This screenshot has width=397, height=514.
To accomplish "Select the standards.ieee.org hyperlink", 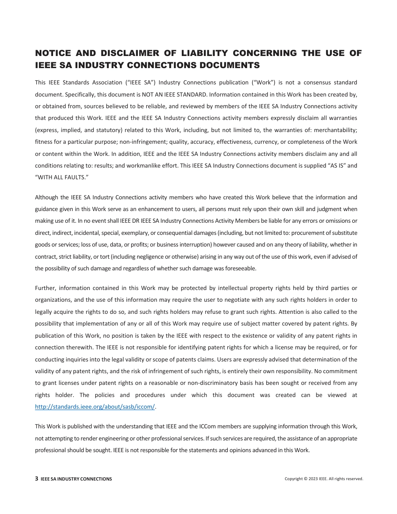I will [x=95, y=407].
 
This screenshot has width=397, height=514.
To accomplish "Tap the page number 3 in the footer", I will [x=37, y=479].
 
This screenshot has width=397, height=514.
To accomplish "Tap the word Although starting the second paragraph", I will [x=46, y=197].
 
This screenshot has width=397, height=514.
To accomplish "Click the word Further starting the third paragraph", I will [x=45, y=288].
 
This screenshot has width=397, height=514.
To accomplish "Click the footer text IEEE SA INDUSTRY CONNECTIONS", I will [x=76, y=479].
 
